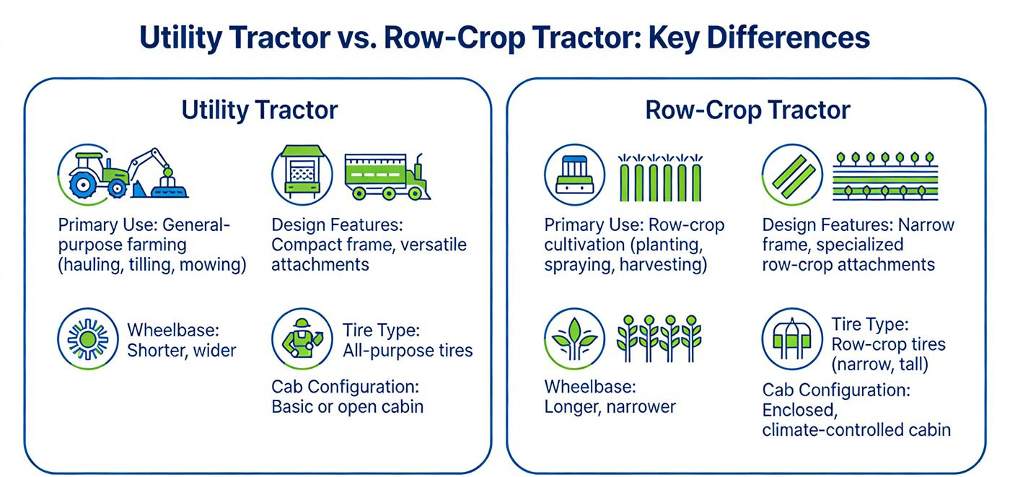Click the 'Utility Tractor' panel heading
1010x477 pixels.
[x=259, y=110]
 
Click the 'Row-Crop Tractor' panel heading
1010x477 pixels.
[x=747, y=110]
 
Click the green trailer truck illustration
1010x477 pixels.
[x=387, y=176]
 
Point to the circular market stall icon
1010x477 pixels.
[x=302, y=174]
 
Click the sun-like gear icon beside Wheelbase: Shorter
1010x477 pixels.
[x=87, y=339]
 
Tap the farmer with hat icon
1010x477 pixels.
[x=302, y=339]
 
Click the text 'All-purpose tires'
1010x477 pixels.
[x=408, y=351]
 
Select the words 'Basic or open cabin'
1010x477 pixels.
[x=347, y=406]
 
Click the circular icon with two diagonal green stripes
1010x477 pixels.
[x=791, y=174]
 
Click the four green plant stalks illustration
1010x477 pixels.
[x=659, y=338]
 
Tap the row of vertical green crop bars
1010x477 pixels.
[x=659, y=178]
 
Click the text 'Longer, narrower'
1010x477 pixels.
[x=610, y=406]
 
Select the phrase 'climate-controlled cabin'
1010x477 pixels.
[x=856, y=430]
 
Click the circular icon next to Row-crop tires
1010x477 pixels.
[x=791, y=339]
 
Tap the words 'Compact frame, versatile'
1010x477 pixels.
[x=369, y=245]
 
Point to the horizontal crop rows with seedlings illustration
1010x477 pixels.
[x=885, y=176]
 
